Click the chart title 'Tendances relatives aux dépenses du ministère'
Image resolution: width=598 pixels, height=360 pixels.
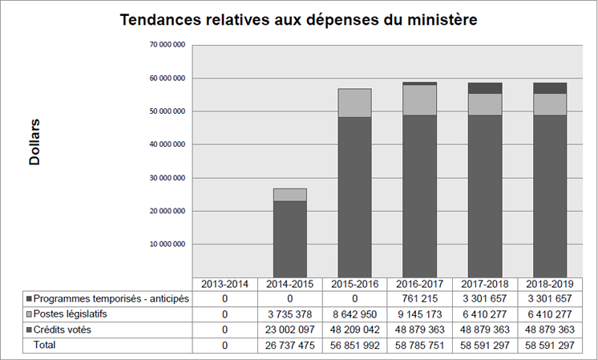tap(299, 20)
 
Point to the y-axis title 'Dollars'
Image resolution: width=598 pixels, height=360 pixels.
tap(34, 143)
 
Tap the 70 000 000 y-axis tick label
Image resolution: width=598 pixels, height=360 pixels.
tap(168, 45)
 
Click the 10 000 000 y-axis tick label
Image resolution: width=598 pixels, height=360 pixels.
tap(168, 244)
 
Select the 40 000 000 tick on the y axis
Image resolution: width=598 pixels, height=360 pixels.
tap(168, 144)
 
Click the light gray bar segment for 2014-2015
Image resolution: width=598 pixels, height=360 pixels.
tap(289, 195)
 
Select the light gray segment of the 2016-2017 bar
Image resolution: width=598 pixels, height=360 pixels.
tap(419, 99)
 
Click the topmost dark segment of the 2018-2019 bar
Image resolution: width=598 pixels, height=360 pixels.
tap(550, 88)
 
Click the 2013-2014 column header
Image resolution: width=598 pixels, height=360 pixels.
tap(224, 284)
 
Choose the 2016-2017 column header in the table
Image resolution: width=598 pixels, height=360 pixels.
tap(419, 284)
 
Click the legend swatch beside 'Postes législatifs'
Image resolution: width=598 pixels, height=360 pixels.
tap(29, 314)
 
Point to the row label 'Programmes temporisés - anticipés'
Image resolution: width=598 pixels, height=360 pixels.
tap(111, 299)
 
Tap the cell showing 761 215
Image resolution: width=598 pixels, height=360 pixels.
tap(419, 299)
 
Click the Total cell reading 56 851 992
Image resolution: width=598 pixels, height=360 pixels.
tap(354, 345)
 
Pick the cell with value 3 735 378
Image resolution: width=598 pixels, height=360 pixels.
tap(289, 314)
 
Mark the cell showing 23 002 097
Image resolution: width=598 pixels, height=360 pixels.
tap(289, 330)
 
